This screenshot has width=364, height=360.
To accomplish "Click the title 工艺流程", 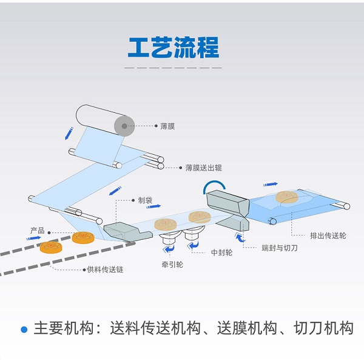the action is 174,47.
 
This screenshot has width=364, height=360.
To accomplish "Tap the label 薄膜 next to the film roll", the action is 167,126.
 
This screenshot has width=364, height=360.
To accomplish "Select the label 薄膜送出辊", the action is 203,168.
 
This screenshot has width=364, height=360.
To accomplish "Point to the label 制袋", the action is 145,200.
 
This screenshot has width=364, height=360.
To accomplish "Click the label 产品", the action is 38,231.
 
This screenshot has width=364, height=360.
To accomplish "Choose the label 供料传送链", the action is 105,270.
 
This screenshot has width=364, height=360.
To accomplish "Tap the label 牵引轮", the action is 172,265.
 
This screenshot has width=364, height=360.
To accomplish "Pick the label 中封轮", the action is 221,253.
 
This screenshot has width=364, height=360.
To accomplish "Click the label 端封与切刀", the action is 280,248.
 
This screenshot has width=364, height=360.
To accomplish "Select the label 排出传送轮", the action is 328,236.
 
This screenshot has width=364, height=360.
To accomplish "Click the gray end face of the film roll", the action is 124,126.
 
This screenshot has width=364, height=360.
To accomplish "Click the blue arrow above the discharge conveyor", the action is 271,185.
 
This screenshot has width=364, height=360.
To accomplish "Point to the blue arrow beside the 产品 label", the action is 33,238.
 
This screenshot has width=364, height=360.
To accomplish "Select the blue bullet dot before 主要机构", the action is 24,329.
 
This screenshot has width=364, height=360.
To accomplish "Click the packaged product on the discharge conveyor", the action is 287,197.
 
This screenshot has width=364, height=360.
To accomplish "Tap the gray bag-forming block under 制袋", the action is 127,231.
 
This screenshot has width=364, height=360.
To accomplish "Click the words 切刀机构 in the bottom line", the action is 323,328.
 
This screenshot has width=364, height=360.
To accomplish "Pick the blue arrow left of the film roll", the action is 69,134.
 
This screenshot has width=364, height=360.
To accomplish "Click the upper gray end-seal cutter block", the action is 227,202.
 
